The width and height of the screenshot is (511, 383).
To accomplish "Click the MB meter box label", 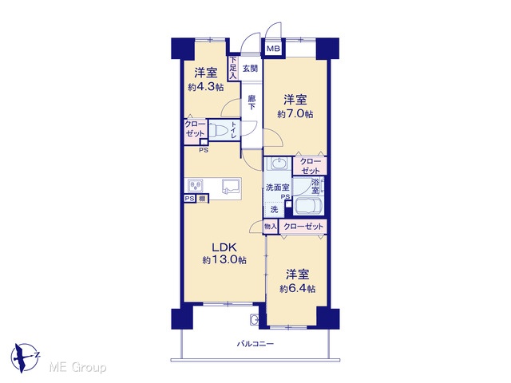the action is [273, 49].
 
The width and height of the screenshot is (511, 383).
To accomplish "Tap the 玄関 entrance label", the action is [250, 69].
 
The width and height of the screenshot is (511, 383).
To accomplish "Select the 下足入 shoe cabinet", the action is [232, 68].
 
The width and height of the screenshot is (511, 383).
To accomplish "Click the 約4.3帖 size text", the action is [205, 87].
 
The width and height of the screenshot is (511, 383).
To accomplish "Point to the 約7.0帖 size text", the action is [295, 114].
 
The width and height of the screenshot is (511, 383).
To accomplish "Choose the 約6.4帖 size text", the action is [297, 289].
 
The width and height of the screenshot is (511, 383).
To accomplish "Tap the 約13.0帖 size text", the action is [224, 260].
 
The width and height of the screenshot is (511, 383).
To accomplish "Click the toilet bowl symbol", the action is [217, 131].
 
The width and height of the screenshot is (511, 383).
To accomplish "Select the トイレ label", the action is [234, 131].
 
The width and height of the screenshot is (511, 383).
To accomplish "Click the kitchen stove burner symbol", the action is [195, 186].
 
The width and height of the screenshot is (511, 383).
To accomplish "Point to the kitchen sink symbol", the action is [231, 187].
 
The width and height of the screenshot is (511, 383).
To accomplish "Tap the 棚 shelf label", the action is [202, 199].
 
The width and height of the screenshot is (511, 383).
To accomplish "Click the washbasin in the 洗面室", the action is [278, 164].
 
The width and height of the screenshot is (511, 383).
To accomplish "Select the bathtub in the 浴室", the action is [308, 206].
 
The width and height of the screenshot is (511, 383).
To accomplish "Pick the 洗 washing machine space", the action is [274, 209].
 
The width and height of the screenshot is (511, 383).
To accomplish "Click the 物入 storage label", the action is [271, 227].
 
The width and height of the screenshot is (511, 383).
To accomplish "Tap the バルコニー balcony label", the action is [255, 344].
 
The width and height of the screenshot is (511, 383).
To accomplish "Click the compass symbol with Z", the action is [24, 357].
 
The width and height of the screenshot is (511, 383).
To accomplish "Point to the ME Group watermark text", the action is [77, 368].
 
